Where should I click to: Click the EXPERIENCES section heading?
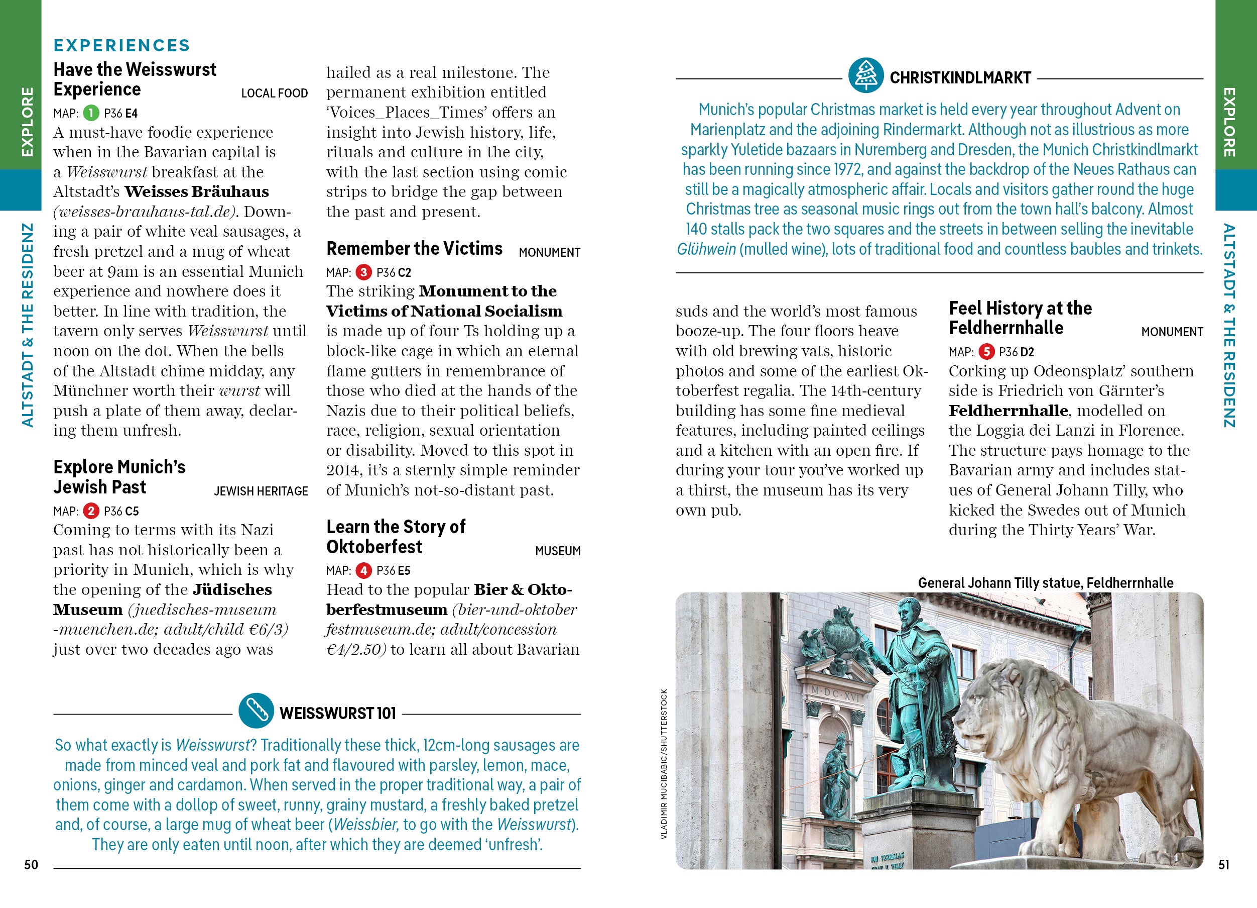coord(122,46)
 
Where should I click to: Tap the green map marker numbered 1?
coord(91,113)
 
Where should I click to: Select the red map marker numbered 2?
coord(91,511)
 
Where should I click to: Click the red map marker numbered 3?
coord(363,272)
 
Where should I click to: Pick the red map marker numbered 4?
coord(363,570)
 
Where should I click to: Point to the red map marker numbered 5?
coord(986,352)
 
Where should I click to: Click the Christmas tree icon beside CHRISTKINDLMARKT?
coord(866,75)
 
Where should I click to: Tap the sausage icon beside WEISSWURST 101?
coord(256,711)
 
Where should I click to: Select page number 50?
coord(31,865)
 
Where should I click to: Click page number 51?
coord(1223,865)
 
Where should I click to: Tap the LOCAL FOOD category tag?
coord(275,93)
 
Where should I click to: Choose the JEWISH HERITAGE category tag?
coord(261,491)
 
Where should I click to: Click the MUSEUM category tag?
coord(558,551)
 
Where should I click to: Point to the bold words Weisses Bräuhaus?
coord(197,192)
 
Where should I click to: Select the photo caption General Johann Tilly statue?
coord(1045,583)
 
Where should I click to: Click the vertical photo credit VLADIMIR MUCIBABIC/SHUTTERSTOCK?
coord(664,763)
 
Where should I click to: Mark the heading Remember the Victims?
coord(415,249)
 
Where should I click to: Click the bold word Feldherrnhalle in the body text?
coord(1008,411)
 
